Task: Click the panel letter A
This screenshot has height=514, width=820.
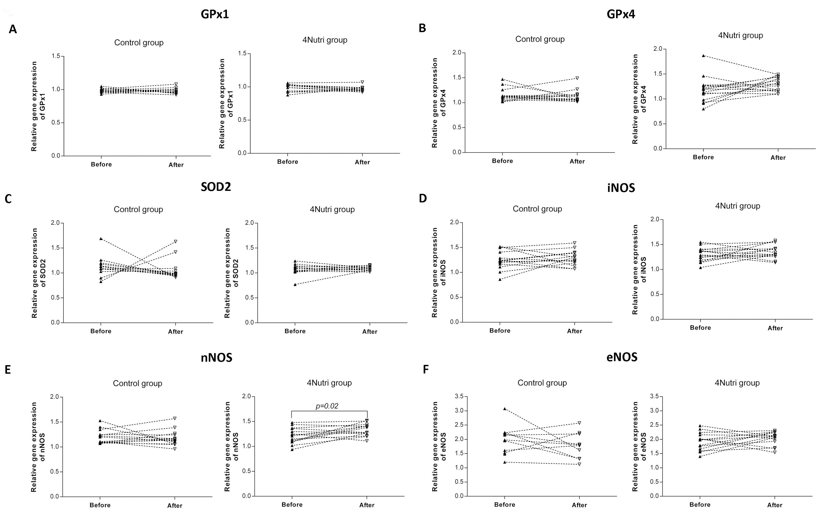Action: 13,29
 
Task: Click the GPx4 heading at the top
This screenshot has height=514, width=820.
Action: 621,14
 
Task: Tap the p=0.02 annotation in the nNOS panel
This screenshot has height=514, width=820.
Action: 327,406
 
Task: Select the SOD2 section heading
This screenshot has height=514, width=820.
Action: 216,187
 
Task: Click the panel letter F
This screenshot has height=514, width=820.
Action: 426,369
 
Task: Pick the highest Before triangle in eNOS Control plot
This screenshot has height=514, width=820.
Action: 505,409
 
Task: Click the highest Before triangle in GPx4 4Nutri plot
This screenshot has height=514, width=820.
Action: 703,55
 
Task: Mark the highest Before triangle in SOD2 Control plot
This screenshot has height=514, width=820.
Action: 101,239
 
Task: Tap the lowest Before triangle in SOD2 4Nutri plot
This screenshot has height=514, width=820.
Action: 295,285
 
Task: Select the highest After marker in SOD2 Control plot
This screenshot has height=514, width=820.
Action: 176,241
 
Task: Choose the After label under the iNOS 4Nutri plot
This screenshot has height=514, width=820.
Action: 775,328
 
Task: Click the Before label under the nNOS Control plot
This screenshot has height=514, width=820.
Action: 100,505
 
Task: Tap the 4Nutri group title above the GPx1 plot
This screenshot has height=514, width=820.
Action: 325,40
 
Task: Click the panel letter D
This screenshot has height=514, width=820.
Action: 423,199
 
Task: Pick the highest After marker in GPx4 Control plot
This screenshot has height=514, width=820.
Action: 577,78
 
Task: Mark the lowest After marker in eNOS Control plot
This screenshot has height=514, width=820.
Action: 579,464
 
